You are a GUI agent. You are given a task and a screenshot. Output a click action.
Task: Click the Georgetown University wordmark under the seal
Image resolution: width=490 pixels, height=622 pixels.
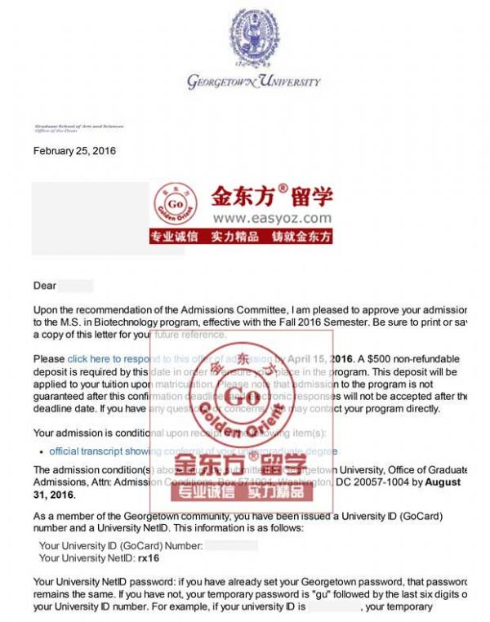(x=253, y=82)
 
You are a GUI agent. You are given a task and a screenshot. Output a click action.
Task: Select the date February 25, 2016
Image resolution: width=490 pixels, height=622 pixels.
(x=74, y=151)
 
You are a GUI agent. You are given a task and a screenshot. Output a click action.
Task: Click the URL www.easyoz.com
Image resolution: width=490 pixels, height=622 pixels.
(x=272, y=218)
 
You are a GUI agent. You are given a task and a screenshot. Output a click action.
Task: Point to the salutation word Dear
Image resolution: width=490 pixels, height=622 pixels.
(x=45, y=286)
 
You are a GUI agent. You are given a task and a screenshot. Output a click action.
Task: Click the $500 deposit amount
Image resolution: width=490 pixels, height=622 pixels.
(x=382, y=358)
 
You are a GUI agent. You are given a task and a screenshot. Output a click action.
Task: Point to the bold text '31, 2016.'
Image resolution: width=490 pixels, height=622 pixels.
(x=54, y=495)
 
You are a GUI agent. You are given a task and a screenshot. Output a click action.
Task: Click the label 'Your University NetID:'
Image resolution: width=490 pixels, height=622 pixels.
(x=91, y=558)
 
